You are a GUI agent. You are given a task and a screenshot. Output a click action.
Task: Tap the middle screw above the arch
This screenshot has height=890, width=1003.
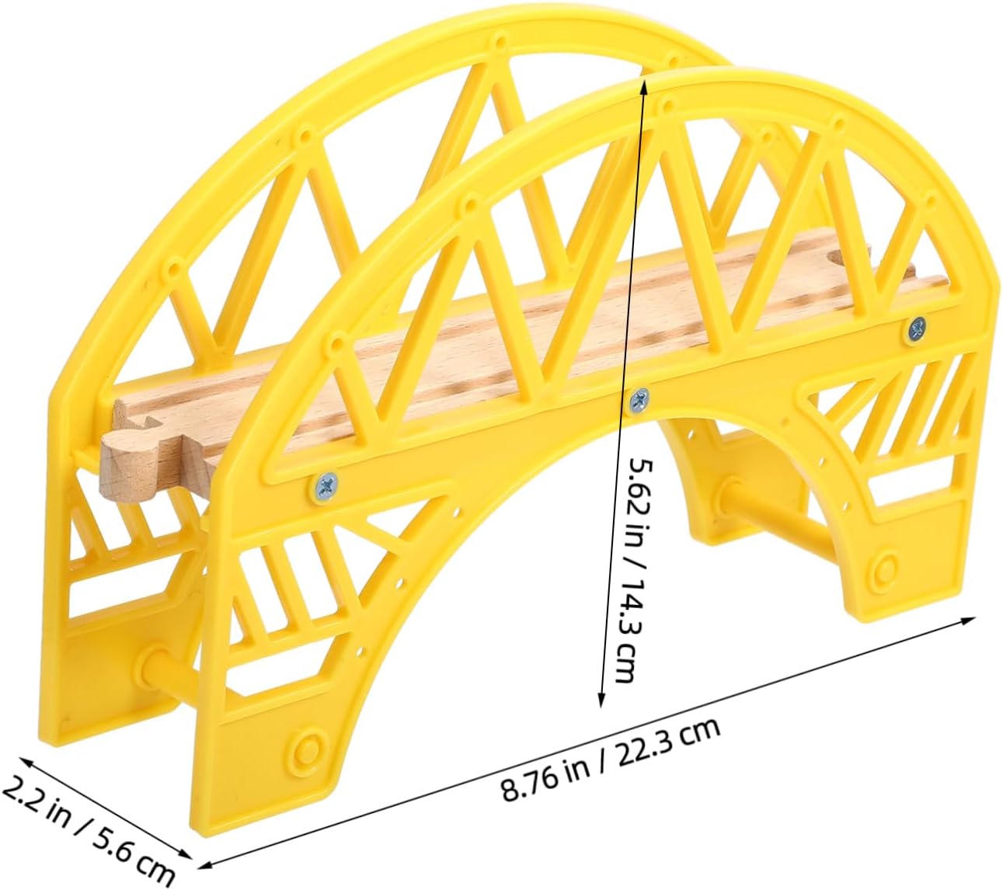(x=639, y=400)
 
